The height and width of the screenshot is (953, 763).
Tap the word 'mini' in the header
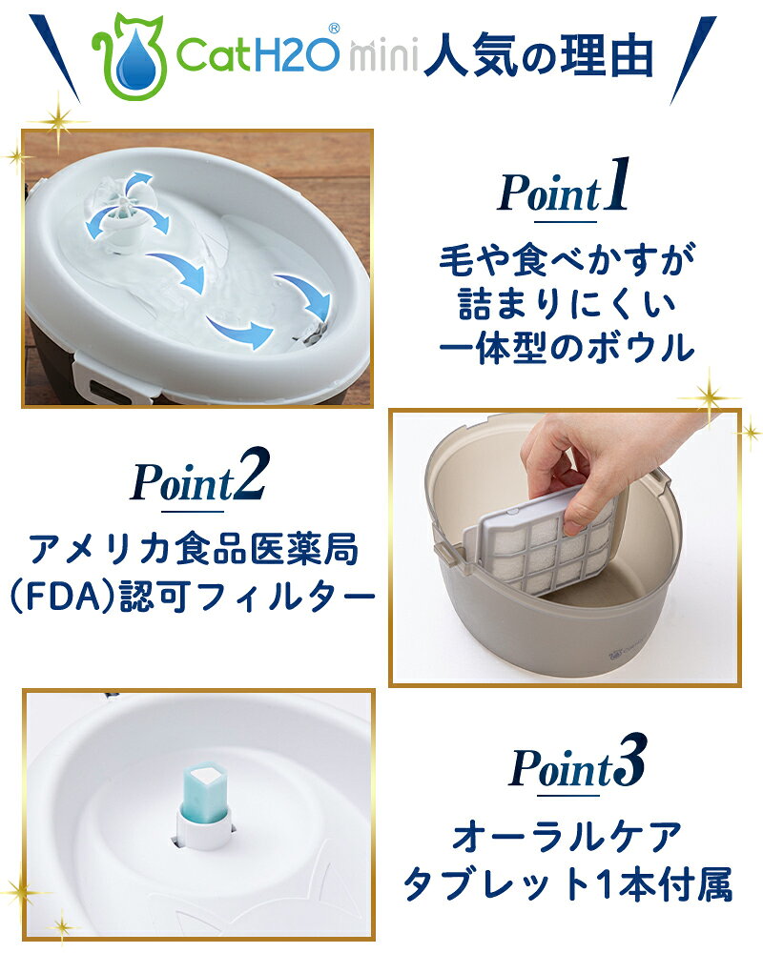pyautogui.click(x=383, y=55)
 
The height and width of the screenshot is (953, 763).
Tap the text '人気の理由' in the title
pyautogui.click(x=538, y=56)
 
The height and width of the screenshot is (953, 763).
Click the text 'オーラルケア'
pyautogui.click(x=567, y=837)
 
